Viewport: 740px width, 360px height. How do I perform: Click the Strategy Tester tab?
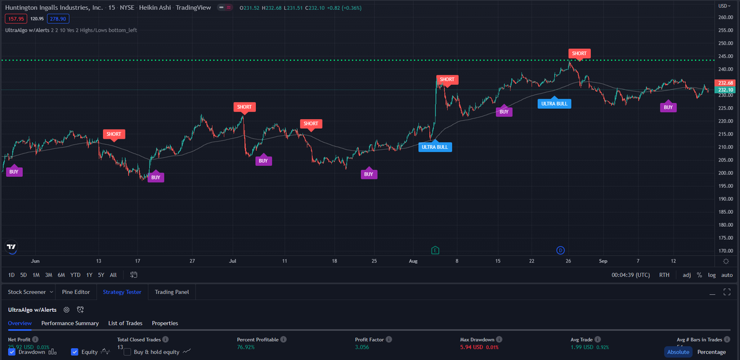pos(122,292)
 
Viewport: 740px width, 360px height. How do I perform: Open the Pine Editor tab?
pos(76,292)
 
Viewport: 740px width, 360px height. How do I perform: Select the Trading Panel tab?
pos(172,292)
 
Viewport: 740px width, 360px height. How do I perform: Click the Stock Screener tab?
pos(27,292)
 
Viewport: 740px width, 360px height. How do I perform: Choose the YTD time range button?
pos(75,275)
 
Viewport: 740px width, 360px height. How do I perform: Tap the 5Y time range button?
pos(101,275)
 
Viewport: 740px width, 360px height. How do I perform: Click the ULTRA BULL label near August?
pos(435,147)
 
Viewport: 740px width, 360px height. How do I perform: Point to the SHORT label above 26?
pos(579,54)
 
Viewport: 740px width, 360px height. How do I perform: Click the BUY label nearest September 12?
pos(667,107)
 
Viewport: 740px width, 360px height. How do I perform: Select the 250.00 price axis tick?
pos(725,43)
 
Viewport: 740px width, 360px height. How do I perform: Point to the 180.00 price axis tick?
pos(725,225)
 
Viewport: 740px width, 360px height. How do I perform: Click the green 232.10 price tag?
pos(725,90)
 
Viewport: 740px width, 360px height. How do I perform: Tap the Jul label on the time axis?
pos(232,261)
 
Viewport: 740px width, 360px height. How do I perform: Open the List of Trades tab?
pos(125,323)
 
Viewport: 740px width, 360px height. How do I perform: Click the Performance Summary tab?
pos(70,323)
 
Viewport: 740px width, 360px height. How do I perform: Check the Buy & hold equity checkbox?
pos(128,352)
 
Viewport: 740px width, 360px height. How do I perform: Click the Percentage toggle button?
pos(711,352)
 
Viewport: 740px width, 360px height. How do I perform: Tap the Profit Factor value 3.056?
pos(364,348)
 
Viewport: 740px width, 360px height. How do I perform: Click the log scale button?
pos(712,275)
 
